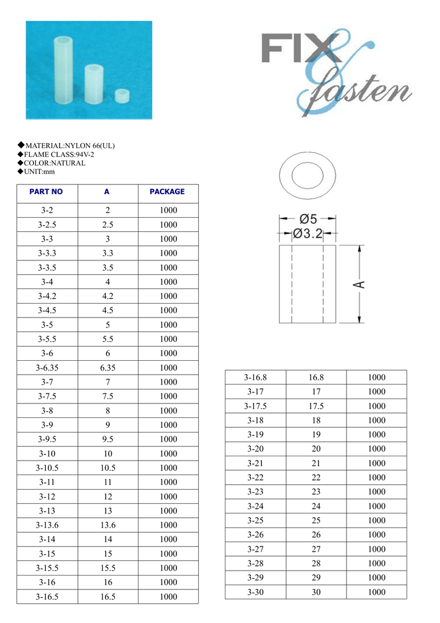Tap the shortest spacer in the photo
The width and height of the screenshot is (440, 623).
pyautogui.click(x=123, y=96)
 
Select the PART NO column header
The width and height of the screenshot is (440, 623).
pyautogui.click(x=46, y=192)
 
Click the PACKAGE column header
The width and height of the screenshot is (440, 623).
pyautogui.click(x=167, y=192)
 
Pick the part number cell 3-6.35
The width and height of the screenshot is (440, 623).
pyautogui.click(x=46, y=367)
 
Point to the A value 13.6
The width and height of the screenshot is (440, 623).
pyautogui.click(x=108, y=525)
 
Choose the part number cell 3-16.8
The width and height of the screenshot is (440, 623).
pyautogui.click(x=255, y=377)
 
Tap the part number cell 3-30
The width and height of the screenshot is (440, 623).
pyautogui.click(x=255, y=592)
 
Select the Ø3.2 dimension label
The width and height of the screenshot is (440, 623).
pyautogui.click(x=308, y=234)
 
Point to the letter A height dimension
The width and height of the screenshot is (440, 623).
pyautogui.click(x=359, y=284)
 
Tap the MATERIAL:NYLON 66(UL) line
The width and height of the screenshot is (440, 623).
pyautogui.click(x=69, y=146)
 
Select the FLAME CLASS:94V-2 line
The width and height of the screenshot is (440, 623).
pyautogui.click(x=59, y=155)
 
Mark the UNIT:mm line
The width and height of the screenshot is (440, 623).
pyautogui.click(x=40, y=172)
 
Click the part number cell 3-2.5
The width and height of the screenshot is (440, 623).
pyautogui.click(x=46, y=224)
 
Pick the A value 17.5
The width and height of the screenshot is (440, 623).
pyautogui.click(x=316, y=406)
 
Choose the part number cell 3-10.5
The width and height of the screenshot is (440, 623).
pyautogui.click(x=46, y=468)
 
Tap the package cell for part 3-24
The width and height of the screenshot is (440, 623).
pyautogui.click(x=376, y=506)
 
